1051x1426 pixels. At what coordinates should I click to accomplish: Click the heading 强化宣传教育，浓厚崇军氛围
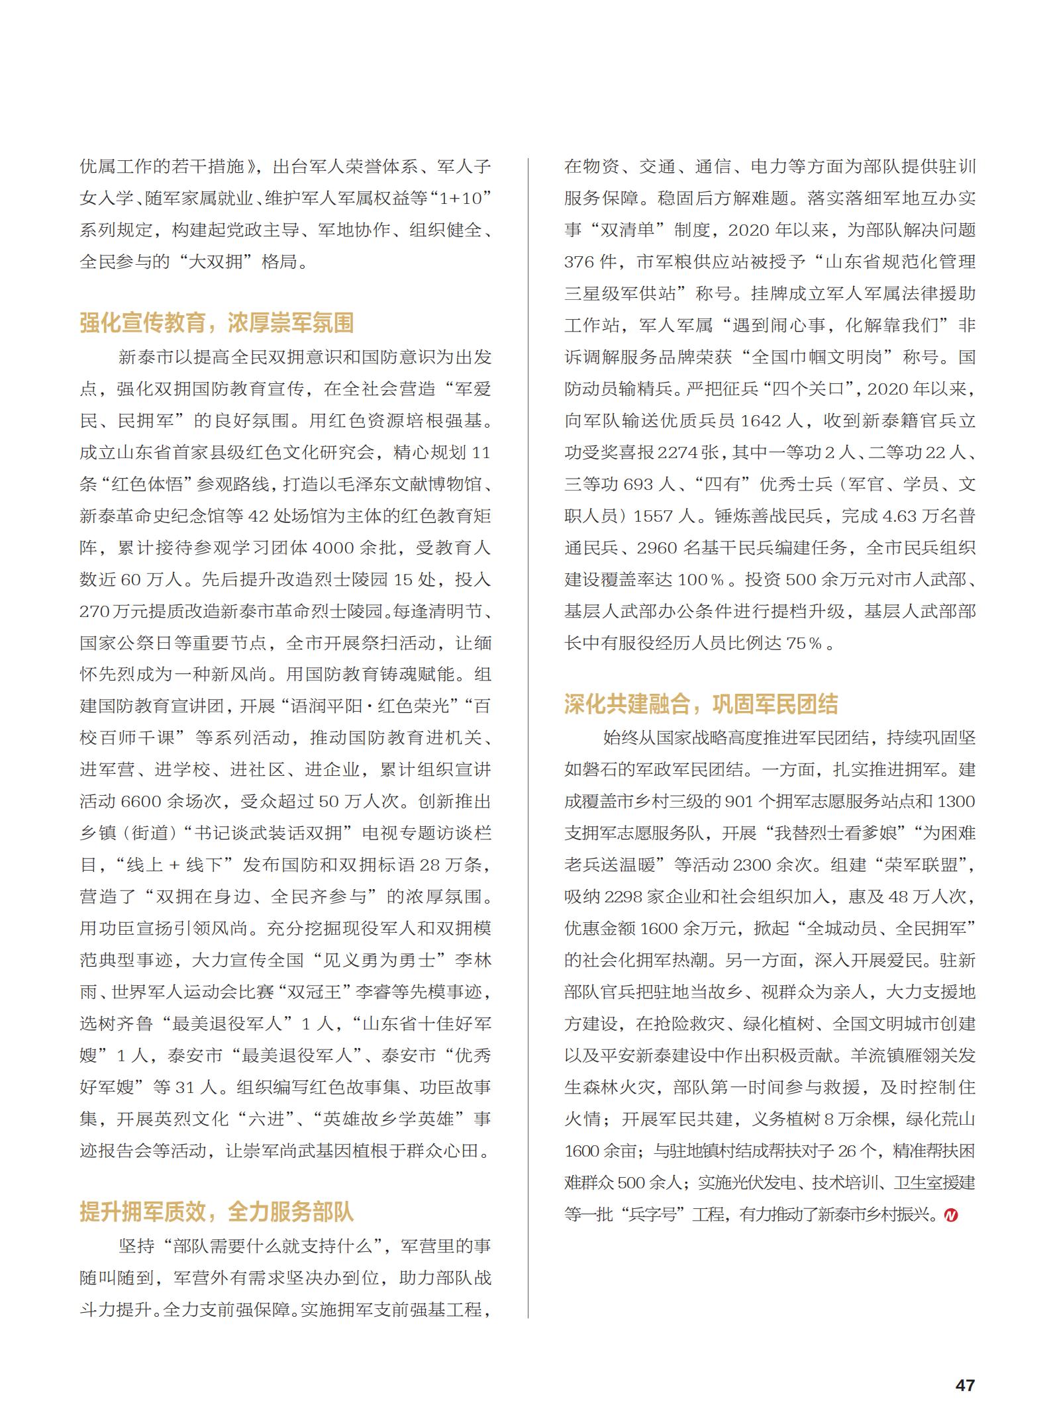[x=217, y=323]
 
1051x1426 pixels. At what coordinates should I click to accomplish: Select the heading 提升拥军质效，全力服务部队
[x=217, y=1212]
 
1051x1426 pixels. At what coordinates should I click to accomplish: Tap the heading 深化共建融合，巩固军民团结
[x=701, y=703]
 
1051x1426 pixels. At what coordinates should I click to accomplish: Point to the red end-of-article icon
[x=951, y=1215]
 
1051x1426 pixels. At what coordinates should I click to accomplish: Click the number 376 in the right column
[x=578, y=262]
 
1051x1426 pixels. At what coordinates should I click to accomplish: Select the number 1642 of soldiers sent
[x=772, y=421]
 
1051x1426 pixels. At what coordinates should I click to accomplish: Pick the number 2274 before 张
[x=679, y=453]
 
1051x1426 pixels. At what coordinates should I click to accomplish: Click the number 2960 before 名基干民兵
[x=658, y=548]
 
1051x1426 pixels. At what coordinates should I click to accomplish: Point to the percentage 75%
[x=803, y=643]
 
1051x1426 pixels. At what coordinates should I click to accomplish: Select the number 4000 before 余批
[x=334, y=548]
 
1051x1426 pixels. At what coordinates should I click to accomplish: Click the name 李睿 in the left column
[x=374, y=992]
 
